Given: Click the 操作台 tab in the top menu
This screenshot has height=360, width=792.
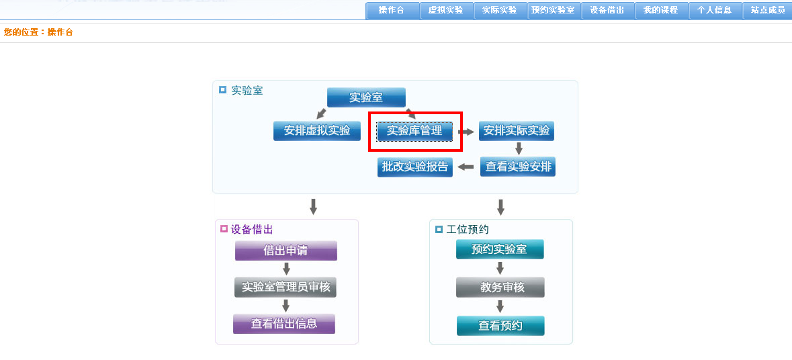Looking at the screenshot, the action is [392, 11].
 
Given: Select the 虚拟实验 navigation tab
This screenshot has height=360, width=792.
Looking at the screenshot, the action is [446, 11].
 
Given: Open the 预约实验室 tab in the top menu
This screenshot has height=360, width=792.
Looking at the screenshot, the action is [554, 11].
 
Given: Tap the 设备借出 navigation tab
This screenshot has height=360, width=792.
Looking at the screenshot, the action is [608, 11].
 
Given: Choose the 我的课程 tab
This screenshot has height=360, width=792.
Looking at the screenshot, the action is [661, 11].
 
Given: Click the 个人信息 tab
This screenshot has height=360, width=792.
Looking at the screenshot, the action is [715, 11].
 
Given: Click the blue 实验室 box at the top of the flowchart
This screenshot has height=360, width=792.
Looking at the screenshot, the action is [366, 97].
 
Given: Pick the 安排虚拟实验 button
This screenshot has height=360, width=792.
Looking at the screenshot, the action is [317, 131].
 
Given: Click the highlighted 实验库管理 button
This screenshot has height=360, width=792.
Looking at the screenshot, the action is [414, 131].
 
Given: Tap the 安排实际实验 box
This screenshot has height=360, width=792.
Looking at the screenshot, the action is [517, 131].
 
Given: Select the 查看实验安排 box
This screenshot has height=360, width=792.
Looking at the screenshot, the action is [518, 167].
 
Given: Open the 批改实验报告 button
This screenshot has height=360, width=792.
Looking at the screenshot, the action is [415, 167].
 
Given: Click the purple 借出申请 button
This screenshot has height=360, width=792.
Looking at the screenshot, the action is [286, 251].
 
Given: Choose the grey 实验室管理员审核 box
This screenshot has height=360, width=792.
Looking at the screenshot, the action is [285, 287].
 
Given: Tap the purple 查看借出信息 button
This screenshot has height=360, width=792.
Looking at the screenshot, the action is [284, 324].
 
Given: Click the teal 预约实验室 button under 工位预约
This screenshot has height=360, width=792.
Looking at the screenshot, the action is [500, 249].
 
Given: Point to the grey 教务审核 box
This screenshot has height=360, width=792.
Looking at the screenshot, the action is [500, 287].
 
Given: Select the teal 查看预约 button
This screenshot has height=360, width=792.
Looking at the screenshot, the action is [500, 326].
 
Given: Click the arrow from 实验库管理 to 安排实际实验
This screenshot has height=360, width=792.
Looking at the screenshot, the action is [466, 132].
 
